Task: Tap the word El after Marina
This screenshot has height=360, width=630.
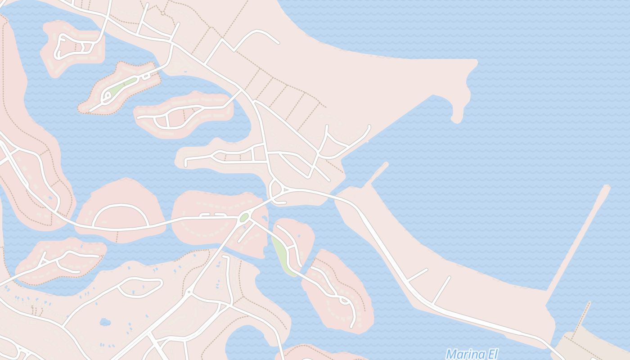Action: click(490, 354)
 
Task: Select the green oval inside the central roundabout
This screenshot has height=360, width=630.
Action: click(244, 218)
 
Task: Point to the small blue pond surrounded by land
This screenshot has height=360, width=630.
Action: click(105, 322)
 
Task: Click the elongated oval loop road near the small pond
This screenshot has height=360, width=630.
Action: click(139, 287)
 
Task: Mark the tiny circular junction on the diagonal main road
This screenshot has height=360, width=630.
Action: click(189, 292)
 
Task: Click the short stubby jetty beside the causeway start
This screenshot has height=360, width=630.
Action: click(377, 173)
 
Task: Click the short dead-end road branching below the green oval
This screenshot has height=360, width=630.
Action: click(245, 233)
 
